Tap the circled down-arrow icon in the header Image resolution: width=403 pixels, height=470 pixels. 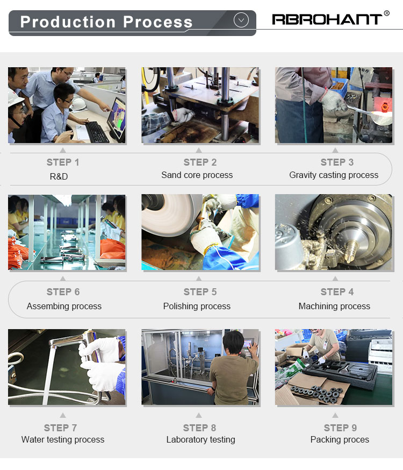tap(241, 20)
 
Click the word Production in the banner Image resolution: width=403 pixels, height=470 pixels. tap(68, 22)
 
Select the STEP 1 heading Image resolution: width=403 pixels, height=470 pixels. tap(63, 162)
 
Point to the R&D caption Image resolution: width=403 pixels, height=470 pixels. tap(59, 176)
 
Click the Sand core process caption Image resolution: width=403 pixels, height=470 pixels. tap(197, 175)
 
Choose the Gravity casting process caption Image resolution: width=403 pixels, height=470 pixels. tap(334, 175)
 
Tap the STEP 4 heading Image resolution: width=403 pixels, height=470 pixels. tap(337, 291)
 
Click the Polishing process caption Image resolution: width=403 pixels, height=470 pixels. tap(197, 306)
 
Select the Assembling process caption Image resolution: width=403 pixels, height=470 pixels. tap(64, 306)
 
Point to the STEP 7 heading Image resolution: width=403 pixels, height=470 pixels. tap(61, 428)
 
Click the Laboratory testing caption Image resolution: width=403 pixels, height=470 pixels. tap(200, 439)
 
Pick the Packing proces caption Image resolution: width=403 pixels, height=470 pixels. tap(340, 439)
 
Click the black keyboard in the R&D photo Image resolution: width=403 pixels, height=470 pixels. tap(96, 132)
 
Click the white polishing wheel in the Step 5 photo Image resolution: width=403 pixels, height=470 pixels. tap(171, 215)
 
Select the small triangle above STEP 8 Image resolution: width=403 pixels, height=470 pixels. tap(199, 415)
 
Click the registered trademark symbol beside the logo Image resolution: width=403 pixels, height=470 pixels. tap(386, 13)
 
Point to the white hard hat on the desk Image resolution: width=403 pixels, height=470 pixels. tap(78, 104)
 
